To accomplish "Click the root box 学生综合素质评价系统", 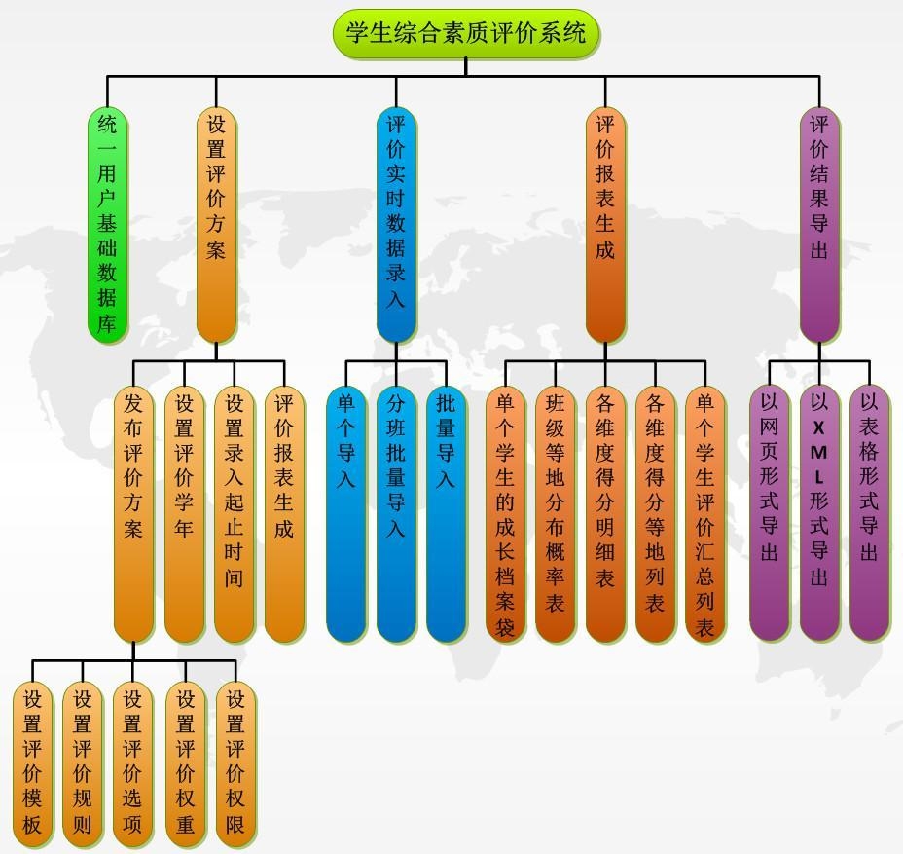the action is tap(466, 33).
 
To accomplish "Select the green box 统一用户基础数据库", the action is tap(107, 225).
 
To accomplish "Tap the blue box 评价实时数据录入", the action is tap(396, 225).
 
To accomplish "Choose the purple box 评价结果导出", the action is tap(819, 225).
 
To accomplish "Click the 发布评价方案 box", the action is tap(133, 514).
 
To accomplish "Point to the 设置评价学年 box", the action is tap(184, 514).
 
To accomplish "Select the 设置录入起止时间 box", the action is tap(234, 514).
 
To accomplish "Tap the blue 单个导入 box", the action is tap(345, 514).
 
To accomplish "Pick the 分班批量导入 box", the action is tap(396, 514).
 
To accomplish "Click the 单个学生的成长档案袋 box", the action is tap(505, 514).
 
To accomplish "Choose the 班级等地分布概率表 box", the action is tap(556, 514).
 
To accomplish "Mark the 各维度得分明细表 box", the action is tap(605, 514).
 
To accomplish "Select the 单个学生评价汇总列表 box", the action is tap(705, 514).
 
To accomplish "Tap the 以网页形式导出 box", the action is tap(770, 513).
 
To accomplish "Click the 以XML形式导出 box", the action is tap(819, 513).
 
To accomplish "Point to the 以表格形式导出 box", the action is tap(869, 513).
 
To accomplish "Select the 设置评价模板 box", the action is tap(32, 764).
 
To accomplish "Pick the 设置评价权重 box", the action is tap(186, 764).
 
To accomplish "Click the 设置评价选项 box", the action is tap(133, 764).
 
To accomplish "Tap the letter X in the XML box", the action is tap(818, 427).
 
